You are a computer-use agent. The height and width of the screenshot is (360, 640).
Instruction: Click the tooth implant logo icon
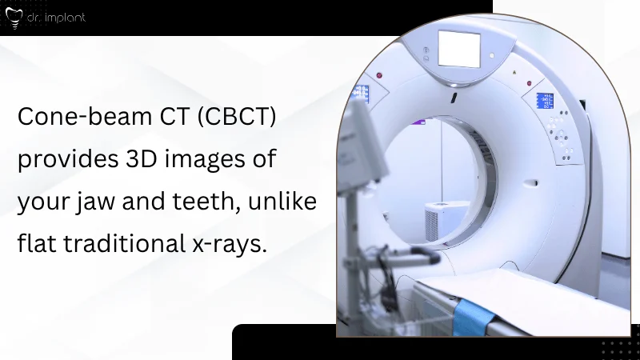[11, 17]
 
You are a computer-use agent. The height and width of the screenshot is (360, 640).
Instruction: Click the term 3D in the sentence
[142, 158]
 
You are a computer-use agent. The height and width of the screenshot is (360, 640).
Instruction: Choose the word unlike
[289, 200]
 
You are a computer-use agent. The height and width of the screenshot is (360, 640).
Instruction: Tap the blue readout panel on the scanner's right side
[545, 102]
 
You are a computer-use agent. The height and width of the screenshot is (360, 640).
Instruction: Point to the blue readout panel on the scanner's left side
[362, 93]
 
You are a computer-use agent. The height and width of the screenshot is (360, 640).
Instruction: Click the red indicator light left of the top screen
[380, 75]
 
